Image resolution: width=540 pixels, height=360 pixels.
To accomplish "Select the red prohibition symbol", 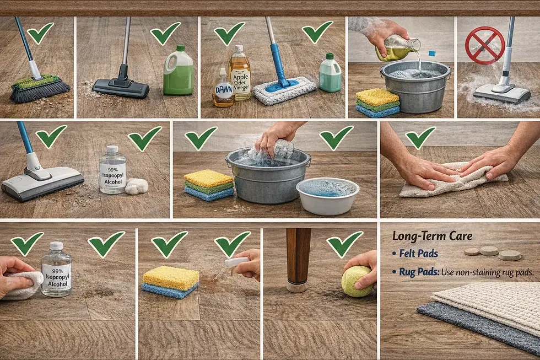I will tap(485, 46).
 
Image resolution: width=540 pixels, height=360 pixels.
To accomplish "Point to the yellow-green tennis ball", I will tap(357, 281).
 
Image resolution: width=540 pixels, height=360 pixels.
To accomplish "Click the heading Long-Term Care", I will tap(432, 236).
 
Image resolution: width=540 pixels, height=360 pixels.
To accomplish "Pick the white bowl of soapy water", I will tap(327, 196).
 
